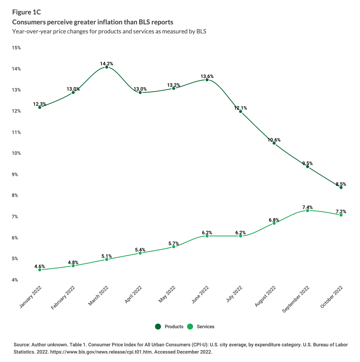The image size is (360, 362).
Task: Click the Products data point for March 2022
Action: (107, 67)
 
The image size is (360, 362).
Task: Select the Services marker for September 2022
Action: (308, 211)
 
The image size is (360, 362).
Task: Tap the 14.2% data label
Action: (107, 64)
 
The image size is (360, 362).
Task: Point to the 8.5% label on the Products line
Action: (341, 184)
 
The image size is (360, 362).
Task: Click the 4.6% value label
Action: (40, 266)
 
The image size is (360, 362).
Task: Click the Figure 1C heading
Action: (26, 12)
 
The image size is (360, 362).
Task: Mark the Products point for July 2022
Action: (240, 111)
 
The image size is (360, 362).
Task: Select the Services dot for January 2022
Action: (40, 270)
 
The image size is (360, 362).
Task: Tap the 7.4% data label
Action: (308, 207)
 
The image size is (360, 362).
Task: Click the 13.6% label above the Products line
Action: (207, 76)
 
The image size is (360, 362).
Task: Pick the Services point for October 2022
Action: (341, 215)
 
